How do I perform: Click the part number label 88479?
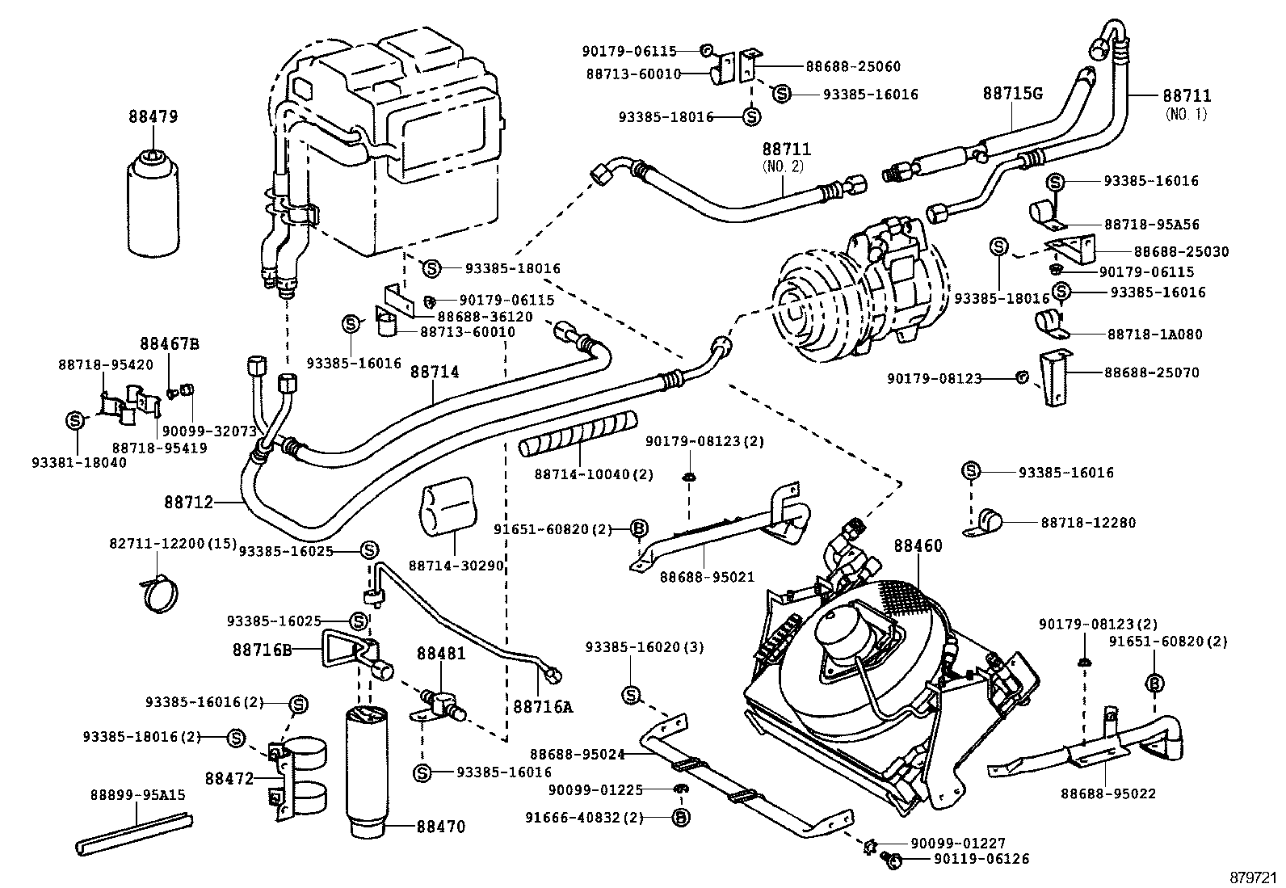152,116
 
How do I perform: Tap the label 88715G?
1012,94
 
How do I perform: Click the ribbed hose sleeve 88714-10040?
577,433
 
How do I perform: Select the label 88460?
918,546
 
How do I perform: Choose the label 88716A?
542,707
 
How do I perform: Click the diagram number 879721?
1254,877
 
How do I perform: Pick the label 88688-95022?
1107,793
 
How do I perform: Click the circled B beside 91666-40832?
681,818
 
